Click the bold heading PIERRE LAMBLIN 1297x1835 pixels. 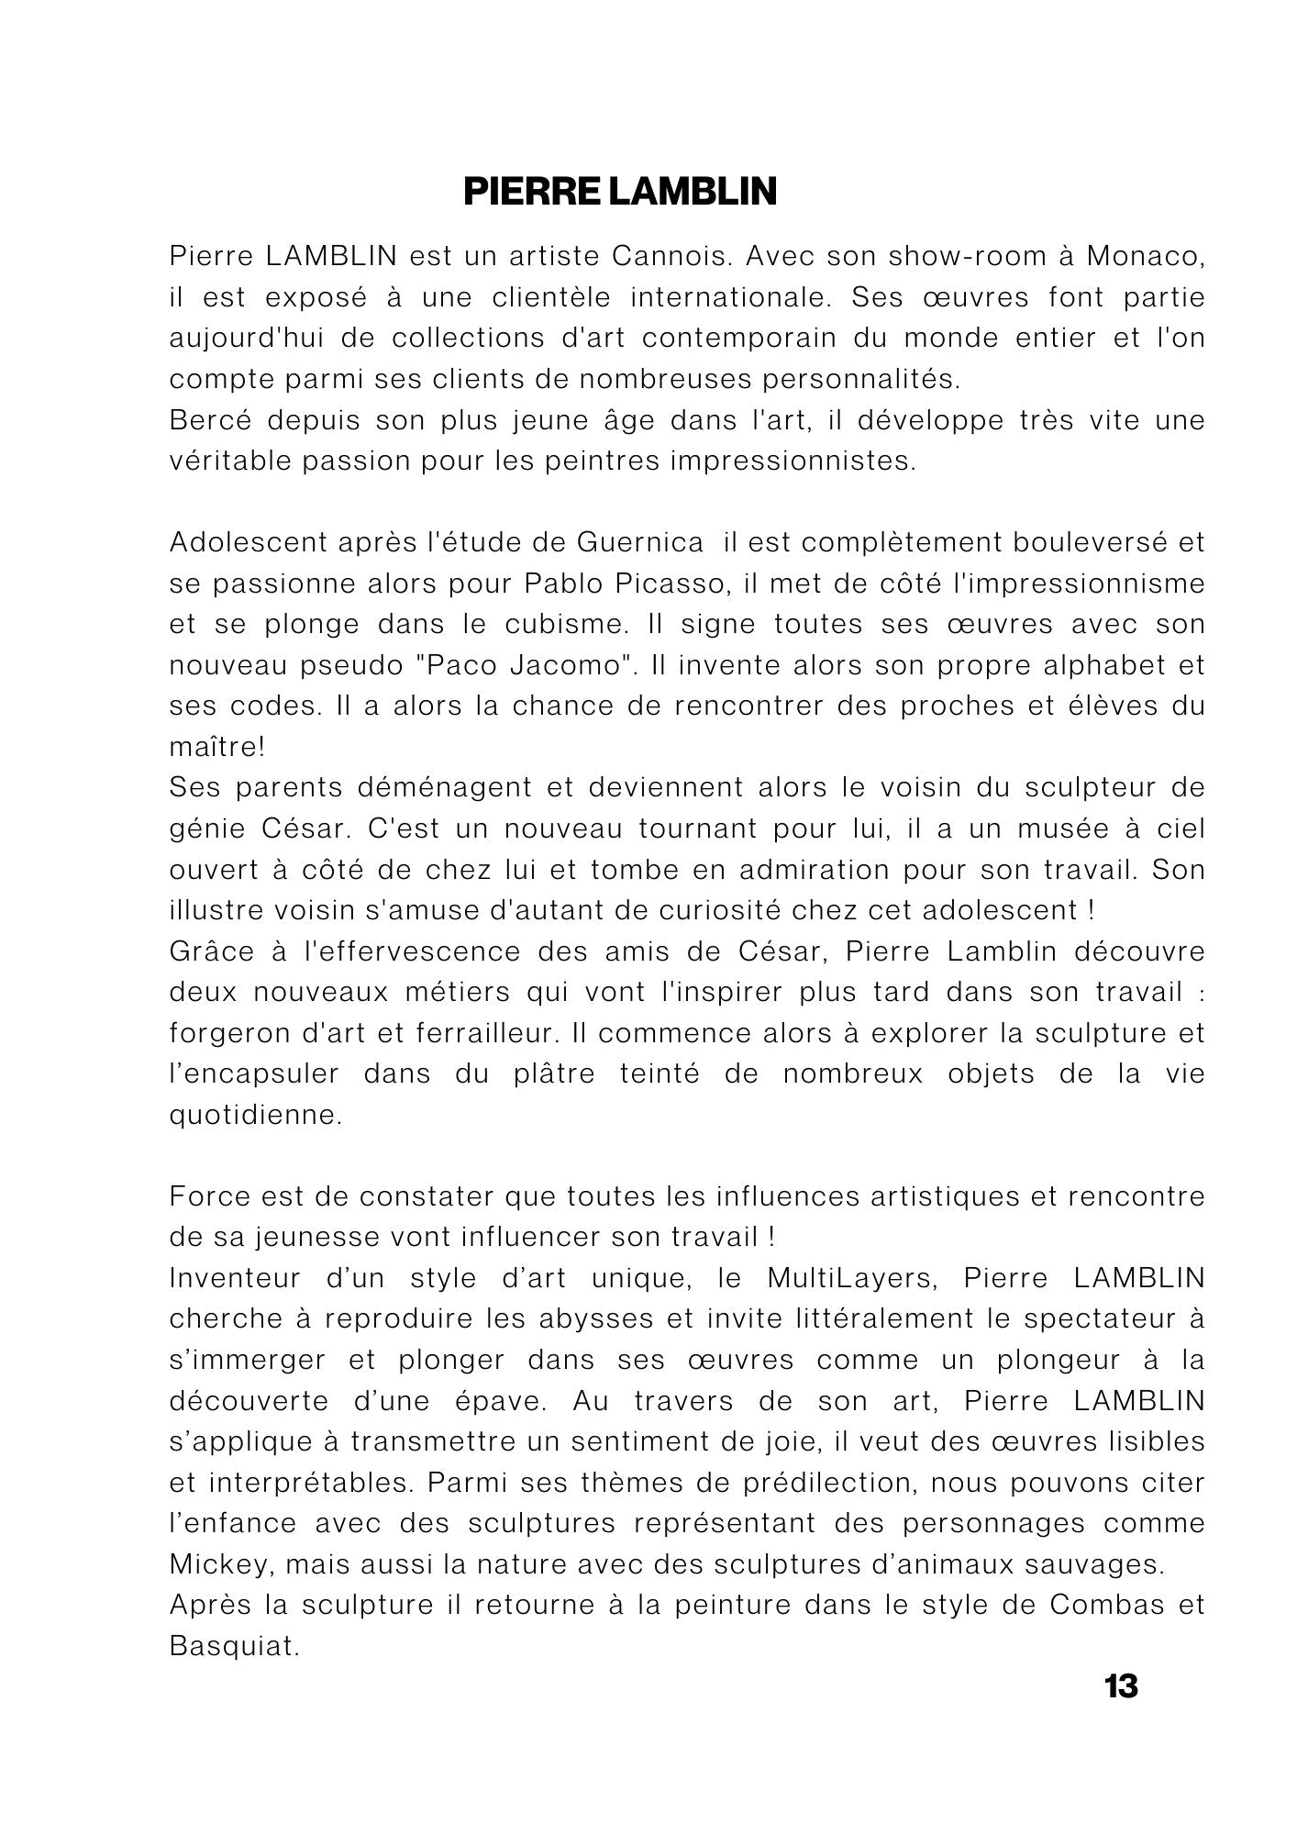tap(620, 192)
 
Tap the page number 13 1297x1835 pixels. tap(1121, 1686)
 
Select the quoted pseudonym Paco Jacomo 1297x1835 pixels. tap(523, 665)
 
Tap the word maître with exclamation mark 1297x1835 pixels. tap(216, 747)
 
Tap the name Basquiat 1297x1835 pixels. tap(235, 1646)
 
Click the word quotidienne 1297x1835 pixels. tap(256, 1116)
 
